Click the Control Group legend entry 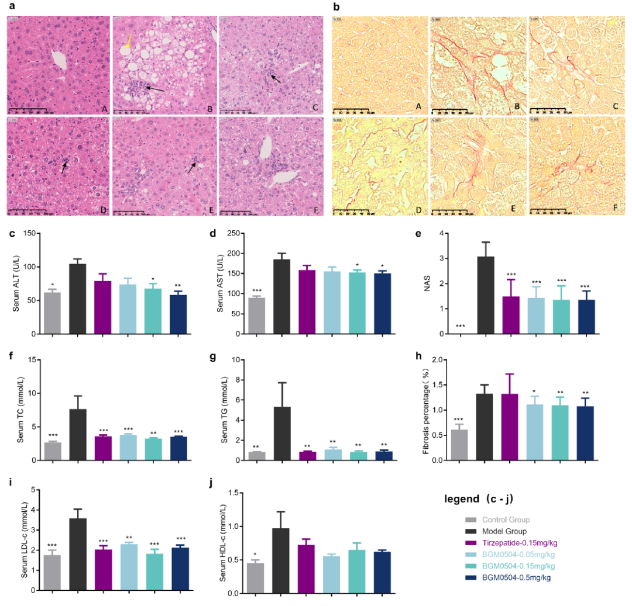(497, 520)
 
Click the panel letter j (212, 482)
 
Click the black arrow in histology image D (64, 167)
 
